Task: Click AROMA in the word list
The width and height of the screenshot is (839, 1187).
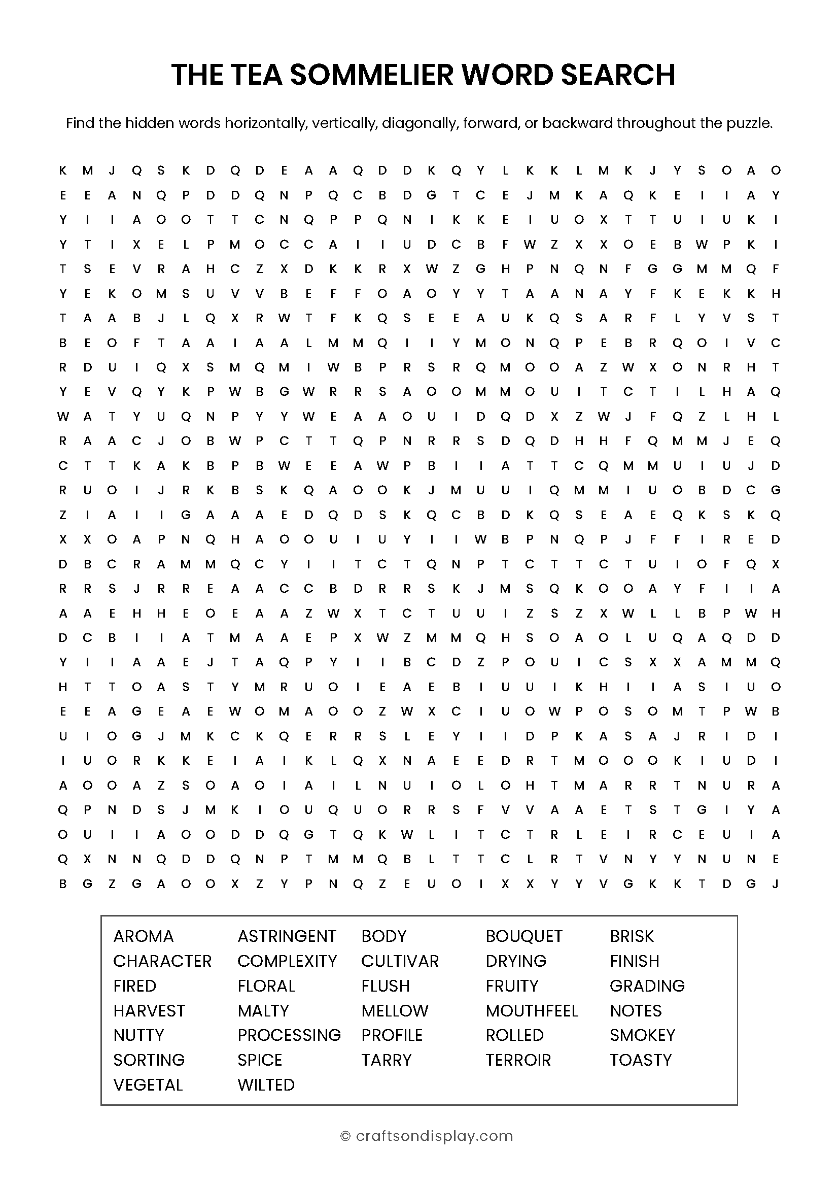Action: [x=144, y=936]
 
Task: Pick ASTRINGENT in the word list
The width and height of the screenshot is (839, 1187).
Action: [x=287, y=936]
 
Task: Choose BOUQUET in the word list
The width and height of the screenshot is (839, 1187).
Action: [x=524, y=936]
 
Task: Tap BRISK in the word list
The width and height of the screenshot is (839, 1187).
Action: [x=632, y=936]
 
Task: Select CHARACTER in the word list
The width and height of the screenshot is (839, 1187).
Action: [x=162, y=961]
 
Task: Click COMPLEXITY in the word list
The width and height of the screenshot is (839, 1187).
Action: [x=287, y=961]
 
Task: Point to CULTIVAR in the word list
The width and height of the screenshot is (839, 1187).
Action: [x=400, y=961]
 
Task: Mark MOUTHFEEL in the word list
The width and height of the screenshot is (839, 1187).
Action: [x=532, y=1011]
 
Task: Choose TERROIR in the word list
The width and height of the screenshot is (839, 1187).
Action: [x=518, y=1060]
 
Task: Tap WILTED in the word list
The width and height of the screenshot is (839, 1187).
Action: [x=266, y=1084]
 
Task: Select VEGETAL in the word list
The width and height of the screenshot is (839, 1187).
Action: [x=148, y=1084]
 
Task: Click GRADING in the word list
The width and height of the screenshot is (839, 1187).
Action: [x=647, y=986]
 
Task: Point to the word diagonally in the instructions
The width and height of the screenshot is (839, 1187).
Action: [x=419, y=123]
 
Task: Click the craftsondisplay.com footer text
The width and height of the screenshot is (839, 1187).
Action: [x=434, y=1136]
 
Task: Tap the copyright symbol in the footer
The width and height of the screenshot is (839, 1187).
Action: [x=345, y=1136]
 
